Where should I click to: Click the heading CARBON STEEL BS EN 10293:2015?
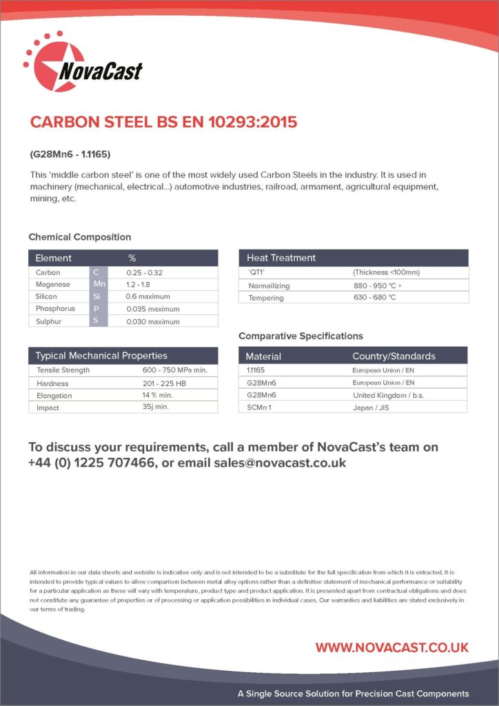163,122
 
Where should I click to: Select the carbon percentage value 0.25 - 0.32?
145,272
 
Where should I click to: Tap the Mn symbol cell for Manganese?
99,284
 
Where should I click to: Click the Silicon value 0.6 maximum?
147,296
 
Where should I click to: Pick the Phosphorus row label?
56,309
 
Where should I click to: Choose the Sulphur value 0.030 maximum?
153,321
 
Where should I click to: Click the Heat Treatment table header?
281,258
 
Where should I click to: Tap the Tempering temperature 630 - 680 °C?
374,298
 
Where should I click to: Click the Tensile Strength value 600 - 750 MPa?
174,370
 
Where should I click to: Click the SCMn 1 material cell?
261,407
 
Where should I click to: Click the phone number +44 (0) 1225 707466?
91,463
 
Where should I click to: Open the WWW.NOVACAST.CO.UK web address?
391,647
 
